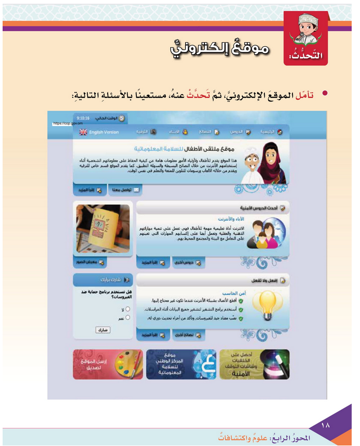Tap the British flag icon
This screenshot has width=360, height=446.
[83, 132]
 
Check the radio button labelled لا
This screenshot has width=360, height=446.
[127, 308]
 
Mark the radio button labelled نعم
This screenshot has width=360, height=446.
[127, 317]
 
